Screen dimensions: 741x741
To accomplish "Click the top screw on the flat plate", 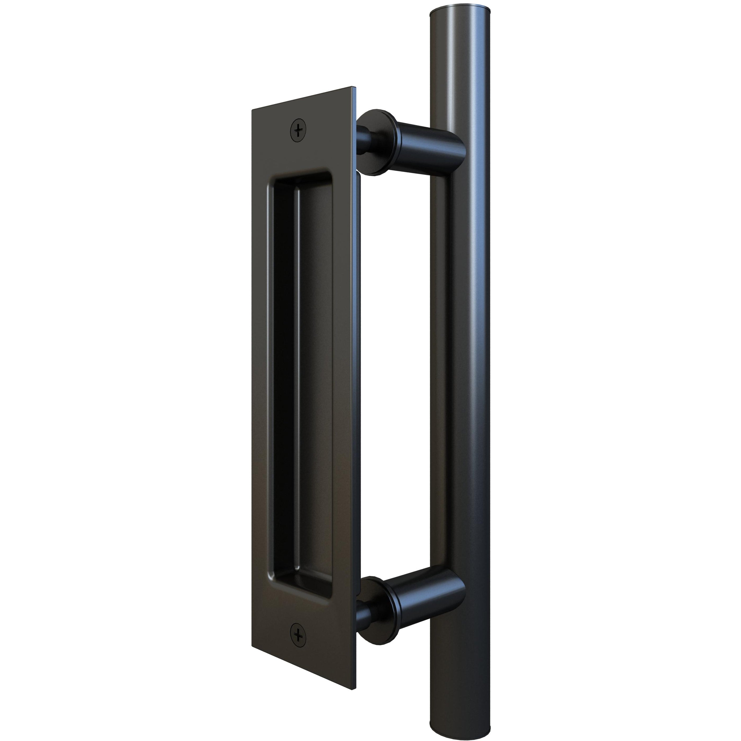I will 299,130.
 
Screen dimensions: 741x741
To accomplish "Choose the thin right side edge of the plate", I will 357,383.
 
